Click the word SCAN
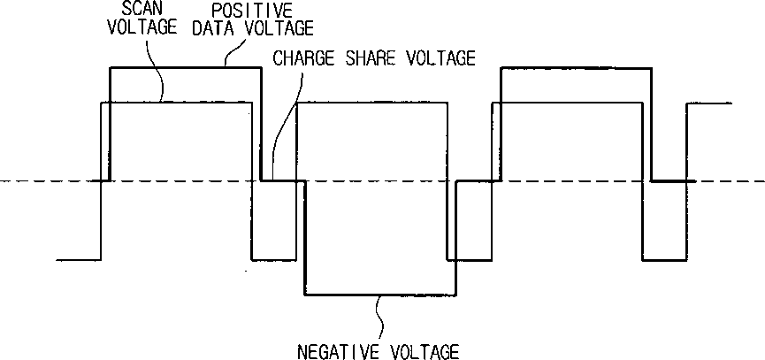pos(131,8)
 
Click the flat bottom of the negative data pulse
pos(380,295)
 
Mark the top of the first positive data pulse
pos(186,67)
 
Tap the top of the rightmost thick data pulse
pos(575,67)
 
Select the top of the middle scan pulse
pos(371,103)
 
